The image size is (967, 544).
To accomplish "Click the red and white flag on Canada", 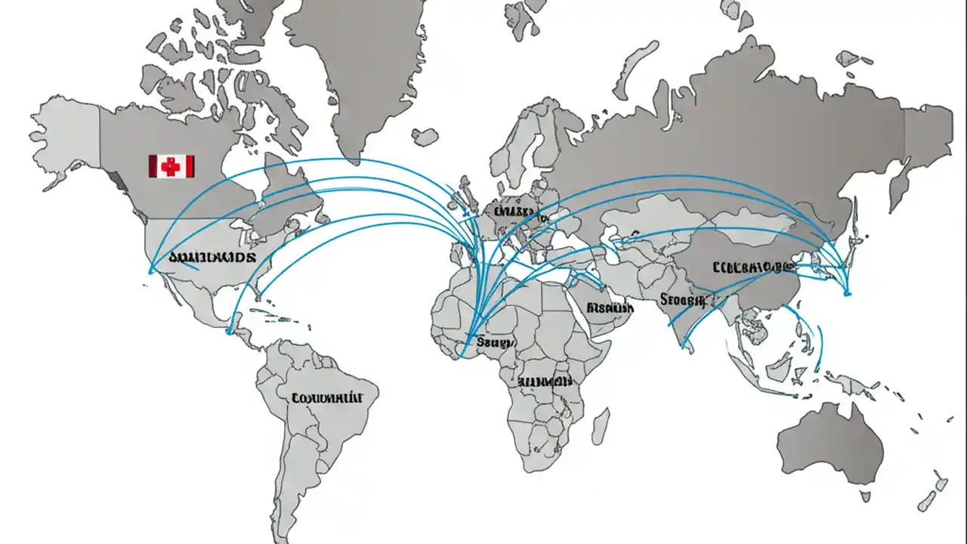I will pos(171,166).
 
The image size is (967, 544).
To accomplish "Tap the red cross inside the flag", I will pos(171,166).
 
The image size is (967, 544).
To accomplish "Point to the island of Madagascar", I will pos(600,426).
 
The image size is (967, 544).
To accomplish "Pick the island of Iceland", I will pos(425,137).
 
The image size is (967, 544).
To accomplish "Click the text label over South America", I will pos(327,397).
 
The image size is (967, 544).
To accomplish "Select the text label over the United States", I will pos(212,257).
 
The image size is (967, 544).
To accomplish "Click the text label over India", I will pos(681,301).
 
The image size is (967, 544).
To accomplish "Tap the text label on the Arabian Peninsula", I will pos(610,308).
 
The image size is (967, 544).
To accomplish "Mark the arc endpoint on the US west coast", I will pos(150,272).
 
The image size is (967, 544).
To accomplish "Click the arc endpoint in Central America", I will pos(230,330).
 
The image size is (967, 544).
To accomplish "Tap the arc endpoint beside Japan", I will pos(847,293).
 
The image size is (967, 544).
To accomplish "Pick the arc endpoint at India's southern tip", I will pos(683,348).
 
